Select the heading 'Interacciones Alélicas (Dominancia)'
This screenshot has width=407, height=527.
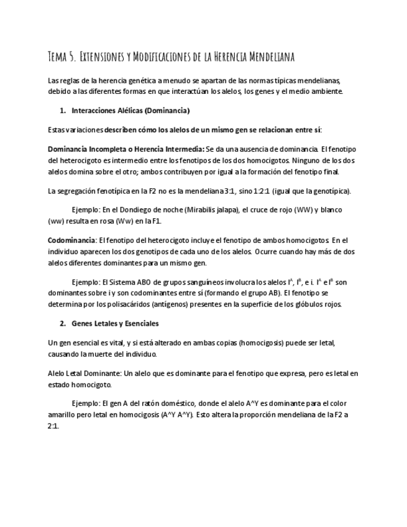[130, 111]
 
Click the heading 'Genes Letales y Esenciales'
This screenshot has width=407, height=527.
[115, 323]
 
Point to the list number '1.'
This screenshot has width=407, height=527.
[63, 111]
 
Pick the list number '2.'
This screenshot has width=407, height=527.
[63, 323]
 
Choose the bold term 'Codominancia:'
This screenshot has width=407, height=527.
[72, 240]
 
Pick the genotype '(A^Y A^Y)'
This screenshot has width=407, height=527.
[176, 415]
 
